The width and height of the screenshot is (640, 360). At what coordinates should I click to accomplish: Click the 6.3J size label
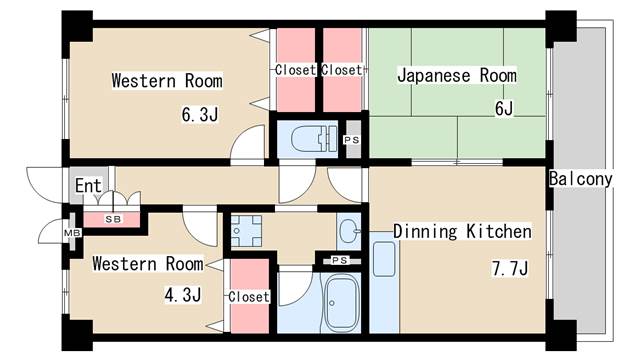[200, 114]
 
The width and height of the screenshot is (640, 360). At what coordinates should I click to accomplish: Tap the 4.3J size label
[183, 295]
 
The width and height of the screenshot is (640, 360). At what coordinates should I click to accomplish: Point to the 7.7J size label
[510, 268]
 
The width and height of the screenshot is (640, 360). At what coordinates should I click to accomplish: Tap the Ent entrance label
[87, 185]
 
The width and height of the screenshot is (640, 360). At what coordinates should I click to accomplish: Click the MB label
[70, 233]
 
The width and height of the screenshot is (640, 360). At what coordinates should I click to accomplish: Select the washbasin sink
[347, 232]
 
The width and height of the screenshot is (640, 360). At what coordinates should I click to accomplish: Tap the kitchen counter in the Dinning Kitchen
[385, 257]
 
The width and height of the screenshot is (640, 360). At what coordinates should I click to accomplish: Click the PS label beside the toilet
[351, 140]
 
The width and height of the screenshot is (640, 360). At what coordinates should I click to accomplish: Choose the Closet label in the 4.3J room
[248, 297]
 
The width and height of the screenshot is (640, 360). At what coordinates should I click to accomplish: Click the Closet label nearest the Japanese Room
[342, 70]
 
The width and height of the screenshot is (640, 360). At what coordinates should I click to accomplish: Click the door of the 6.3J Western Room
[244, 150]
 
